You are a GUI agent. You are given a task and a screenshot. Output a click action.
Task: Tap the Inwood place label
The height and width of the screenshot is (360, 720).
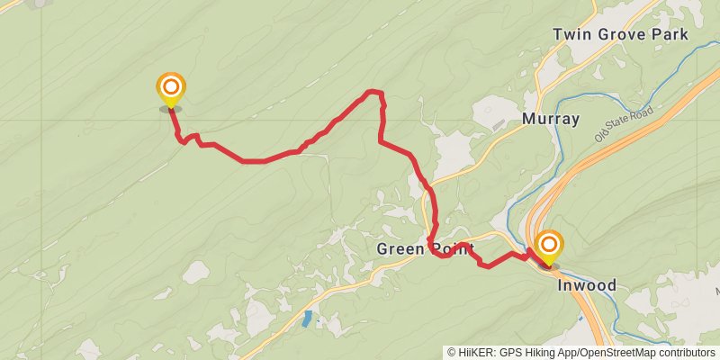pyautogui.click(x=588, y=285)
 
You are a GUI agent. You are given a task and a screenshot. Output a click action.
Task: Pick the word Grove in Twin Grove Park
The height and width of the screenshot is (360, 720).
pyautogui.click(x=620, y=34)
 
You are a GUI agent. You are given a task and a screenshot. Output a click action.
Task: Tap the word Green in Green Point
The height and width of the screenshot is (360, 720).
pyautogui.click(x=399, y=249)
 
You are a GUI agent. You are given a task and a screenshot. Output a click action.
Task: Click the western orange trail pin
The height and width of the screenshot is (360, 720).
pyautogui.click(x=170, y=89)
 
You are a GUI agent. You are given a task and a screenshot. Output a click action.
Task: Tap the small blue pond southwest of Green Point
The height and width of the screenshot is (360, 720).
pyautogui.click(x=309, y=318)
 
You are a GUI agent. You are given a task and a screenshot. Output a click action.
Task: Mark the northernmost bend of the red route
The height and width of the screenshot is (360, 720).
pyautogui.click(x=373, y=91)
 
